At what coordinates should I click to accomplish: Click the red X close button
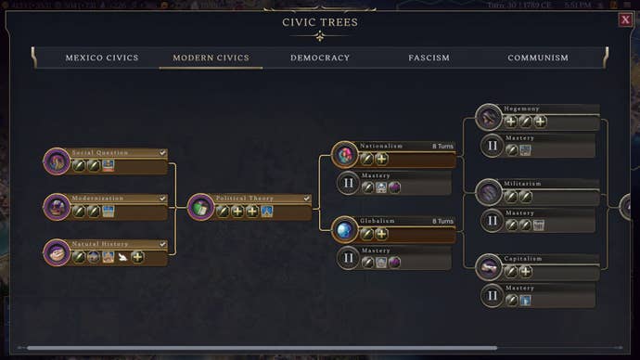pos(625,19)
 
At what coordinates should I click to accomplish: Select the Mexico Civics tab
pos(102,58)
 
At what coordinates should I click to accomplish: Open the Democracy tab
pos(320,58)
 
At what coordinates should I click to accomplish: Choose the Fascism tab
pos(429,58)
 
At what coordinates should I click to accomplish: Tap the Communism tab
pos(538,58)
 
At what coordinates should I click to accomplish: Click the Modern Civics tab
pos(211,58)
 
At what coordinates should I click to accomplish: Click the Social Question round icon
pos(57,161)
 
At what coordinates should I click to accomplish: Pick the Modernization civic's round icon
pos(57,206)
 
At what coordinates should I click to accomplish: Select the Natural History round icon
pos(57,251)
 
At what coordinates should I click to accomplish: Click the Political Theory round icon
pos(200,207)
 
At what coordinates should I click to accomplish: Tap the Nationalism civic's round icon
pos(345,154)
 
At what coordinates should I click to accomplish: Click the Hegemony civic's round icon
pos(489,117)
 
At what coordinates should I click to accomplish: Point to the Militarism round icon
pos(489,192)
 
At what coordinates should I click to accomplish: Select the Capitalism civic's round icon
pos(489,267)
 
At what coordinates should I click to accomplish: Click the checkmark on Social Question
pos(162,152)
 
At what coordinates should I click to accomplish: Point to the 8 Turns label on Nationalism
pos(442,146)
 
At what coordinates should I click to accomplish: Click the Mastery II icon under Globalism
pos(348,258)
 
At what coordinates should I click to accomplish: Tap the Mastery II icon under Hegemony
pos(492,146)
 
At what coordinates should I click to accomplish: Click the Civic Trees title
pos(320,22)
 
